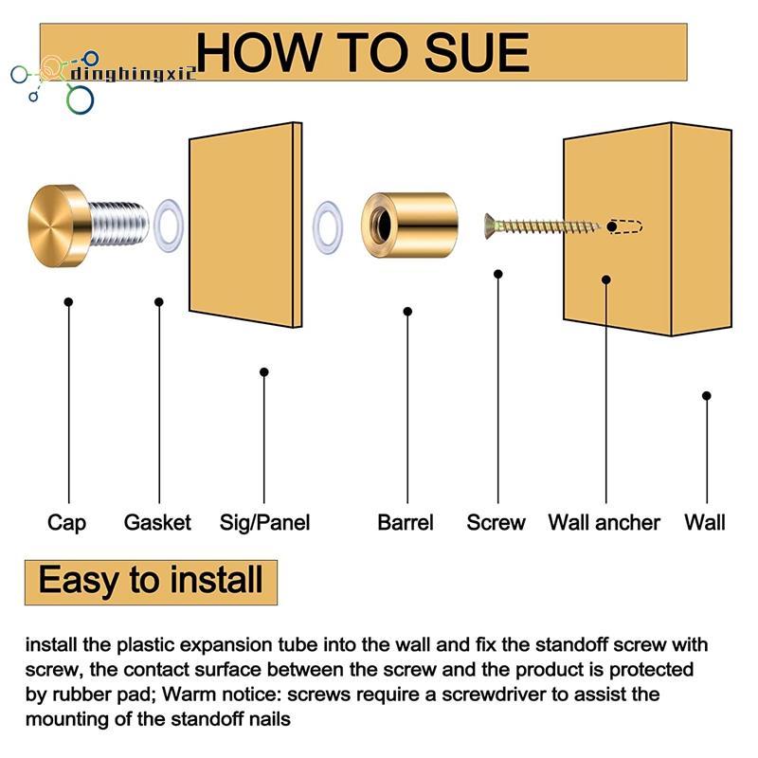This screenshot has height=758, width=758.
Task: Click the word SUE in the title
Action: click(477, 52)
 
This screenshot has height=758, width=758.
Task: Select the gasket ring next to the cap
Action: click(169, 226)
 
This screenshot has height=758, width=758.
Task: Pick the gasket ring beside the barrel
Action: click(328, 228)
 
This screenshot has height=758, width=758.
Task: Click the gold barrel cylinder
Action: click(409, 225)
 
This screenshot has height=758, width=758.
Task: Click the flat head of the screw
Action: click(490, 226)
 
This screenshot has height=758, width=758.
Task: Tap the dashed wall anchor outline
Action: click(625, 226)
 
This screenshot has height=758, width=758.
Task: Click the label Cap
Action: click(66, 523)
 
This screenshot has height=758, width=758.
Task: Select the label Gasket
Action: click(157, 523)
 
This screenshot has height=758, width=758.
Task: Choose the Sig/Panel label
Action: click(265, 523)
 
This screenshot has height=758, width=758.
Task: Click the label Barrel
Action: click(406, 523)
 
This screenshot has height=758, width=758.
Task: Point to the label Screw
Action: click(496, 523)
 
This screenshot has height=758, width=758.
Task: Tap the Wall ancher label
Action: click(605, 523)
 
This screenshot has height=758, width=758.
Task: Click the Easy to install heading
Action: click(151, 580)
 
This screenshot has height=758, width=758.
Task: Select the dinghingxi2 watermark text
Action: click(134, 74)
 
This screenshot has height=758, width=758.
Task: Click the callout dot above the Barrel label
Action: click(407, 312)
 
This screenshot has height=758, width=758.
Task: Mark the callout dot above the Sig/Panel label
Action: click(264, 371)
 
